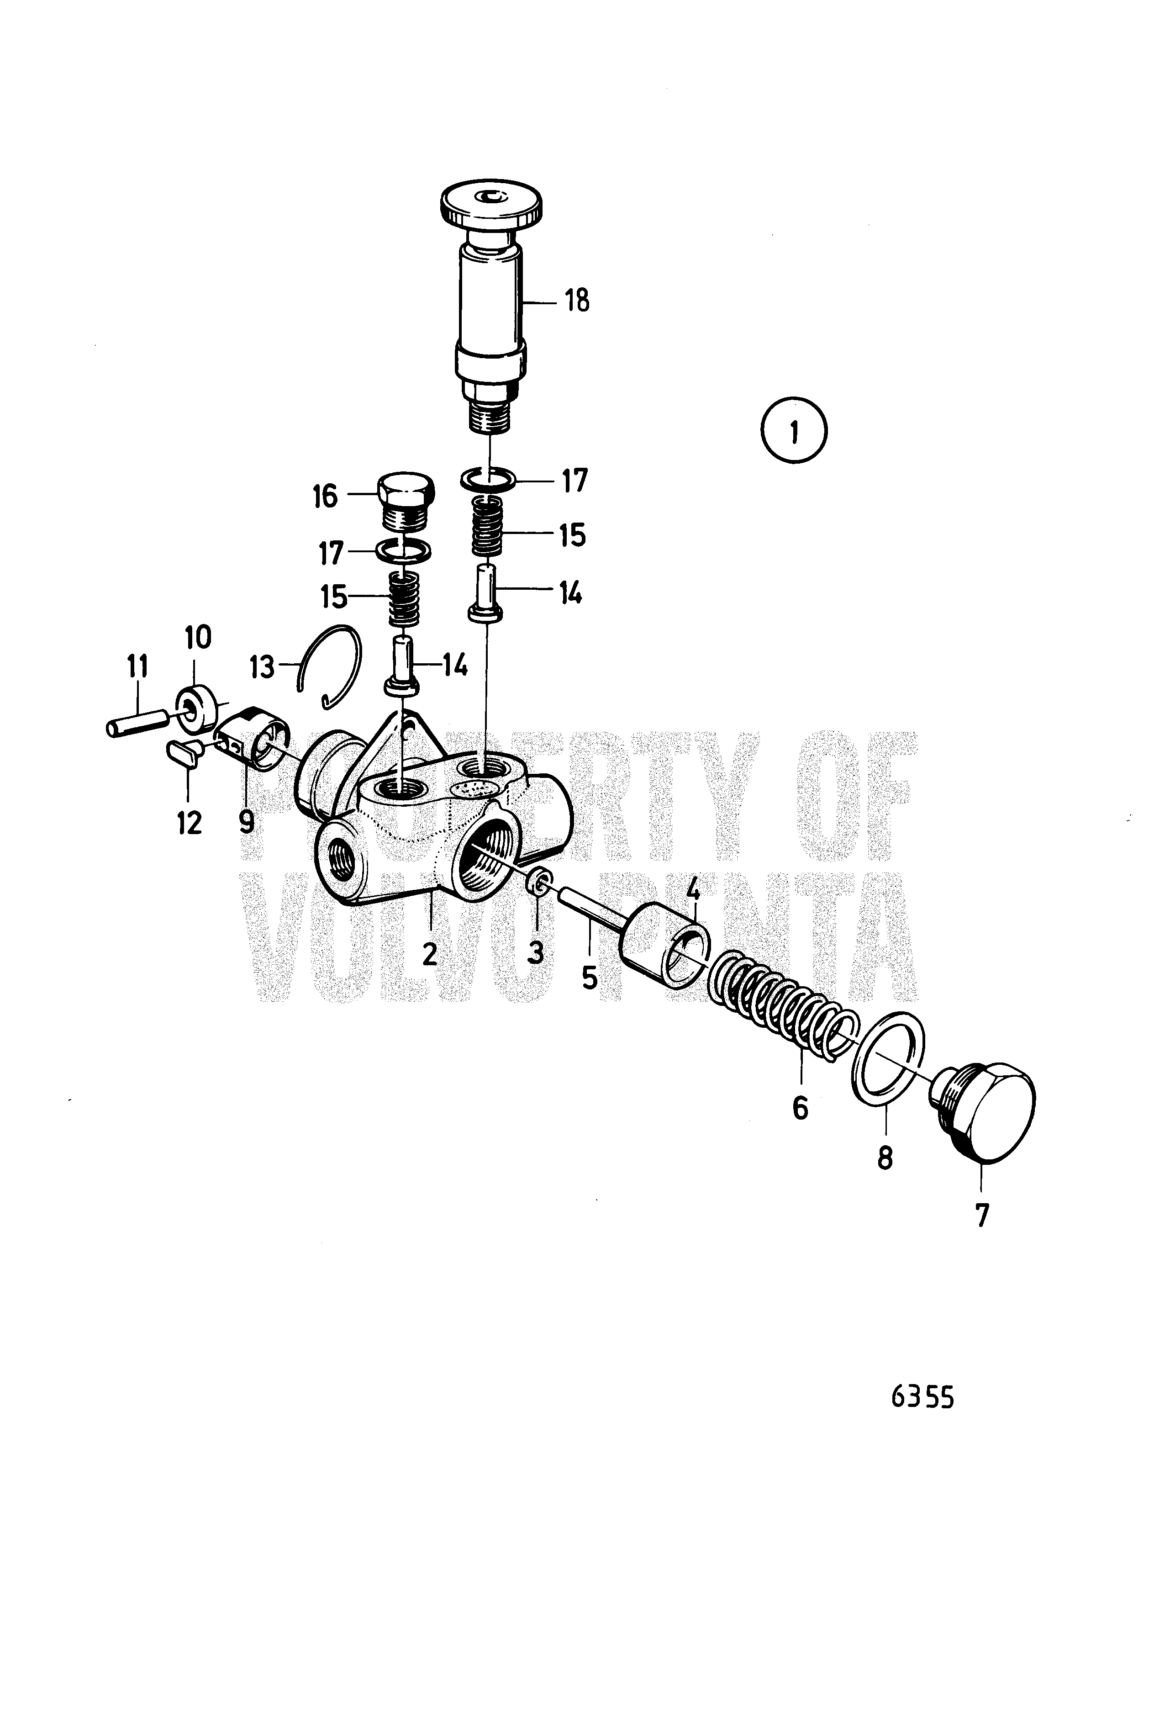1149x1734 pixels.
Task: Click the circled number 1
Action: pyautogui.click(x=794, y=430)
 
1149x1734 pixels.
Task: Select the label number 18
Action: pyautogui.click(x=577, y=301)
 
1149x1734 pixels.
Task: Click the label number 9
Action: pyautogui.click(x=247, y=822)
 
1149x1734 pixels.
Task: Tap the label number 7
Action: pyautogui.click(x=982, y=1216)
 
